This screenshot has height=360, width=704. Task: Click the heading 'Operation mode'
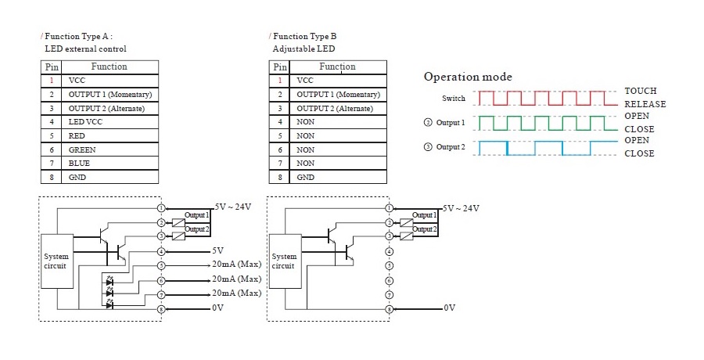[x=468, y=77]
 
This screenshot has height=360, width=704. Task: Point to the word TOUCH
[x=641, y=91]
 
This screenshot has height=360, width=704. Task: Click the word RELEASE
[x=645, y=104]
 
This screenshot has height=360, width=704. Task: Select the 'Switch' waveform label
[x=453, y=99]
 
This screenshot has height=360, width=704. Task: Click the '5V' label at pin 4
[x=217, y=251]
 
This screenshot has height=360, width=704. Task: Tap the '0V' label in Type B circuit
[x=449, y=308]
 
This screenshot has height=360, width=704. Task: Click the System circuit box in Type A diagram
[x=56, y=261]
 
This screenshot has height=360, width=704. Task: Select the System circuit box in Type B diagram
[x=284, y=261]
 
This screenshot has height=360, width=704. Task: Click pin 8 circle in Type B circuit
[x=389, y=309]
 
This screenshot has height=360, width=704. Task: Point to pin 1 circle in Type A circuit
[x=161, y=208]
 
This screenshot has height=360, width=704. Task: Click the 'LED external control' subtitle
[x=85, y=49]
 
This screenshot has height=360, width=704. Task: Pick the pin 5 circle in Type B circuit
[x=389, y=265]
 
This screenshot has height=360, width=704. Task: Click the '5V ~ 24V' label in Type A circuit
[x=232, y=207]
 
